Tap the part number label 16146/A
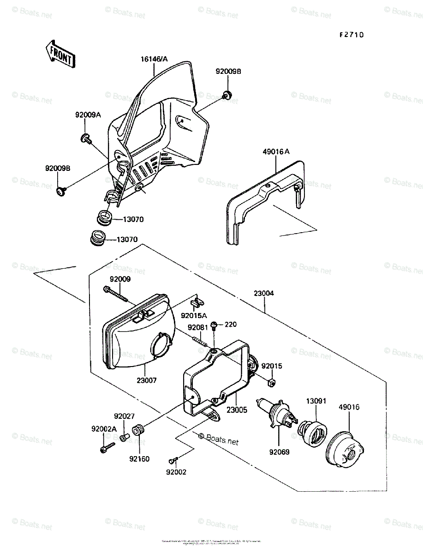tap(155, 59)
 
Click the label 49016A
tap(276, 151)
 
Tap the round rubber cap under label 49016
tap(346, 447)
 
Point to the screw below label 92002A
tap(107, 447)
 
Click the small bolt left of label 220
tap(214, 325)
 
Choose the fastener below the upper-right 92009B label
tap(227, 96)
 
